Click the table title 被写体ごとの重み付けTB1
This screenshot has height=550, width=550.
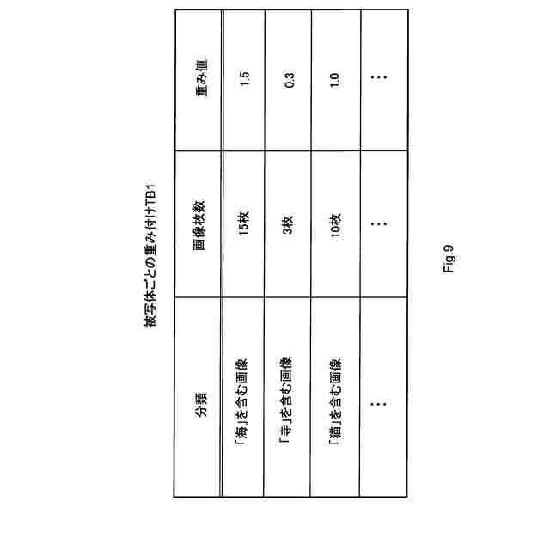[x=150, y=255]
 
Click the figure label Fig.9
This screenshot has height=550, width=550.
[x=449, y=258]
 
